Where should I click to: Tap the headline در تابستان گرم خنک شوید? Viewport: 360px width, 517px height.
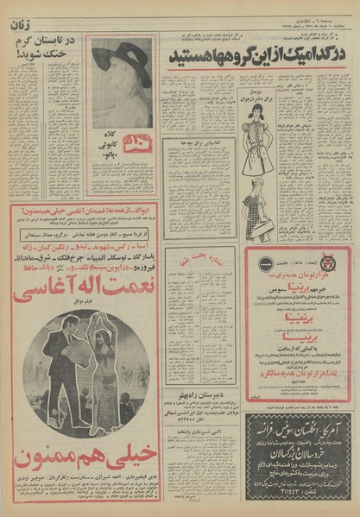pos(45,48)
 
